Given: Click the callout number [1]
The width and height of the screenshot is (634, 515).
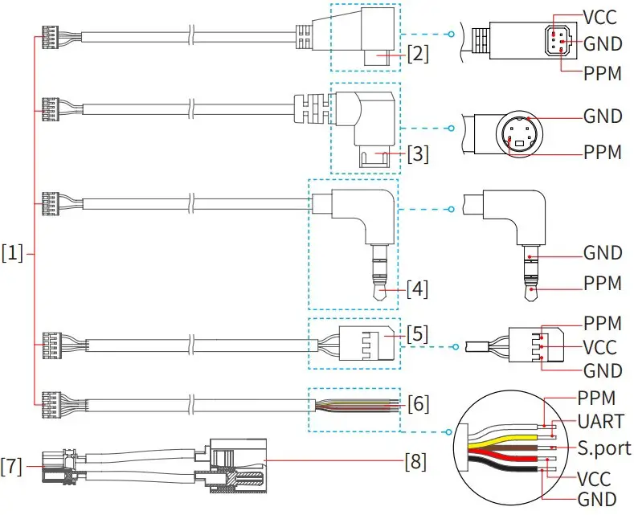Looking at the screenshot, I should (14, 255).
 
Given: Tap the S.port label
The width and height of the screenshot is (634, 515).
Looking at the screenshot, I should (604, 447).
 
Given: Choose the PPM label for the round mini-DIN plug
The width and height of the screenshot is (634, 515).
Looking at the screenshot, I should (603, 152).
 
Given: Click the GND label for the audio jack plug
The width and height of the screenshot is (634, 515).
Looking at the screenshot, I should (603, 253).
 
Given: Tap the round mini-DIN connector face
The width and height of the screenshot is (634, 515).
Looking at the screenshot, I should (519, 132).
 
